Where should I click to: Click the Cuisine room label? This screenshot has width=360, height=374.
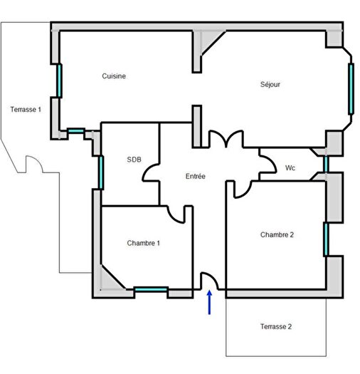coord(114,76)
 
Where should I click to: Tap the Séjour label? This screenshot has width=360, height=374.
coord(270,84)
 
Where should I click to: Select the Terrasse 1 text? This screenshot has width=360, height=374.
coord(26,110)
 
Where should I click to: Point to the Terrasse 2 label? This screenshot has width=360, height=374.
coord(276,327)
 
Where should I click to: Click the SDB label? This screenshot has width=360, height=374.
coord(134,159)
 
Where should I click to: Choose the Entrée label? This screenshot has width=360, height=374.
coord(196,176)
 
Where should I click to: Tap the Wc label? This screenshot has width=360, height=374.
coord(290,168)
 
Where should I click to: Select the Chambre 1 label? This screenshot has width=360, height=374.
coord(143,243)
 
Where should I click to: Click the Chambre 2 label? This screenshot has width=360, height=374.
coord(277,234)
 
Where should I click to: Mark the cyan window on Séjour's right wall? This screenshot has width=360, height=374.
coord(351,88)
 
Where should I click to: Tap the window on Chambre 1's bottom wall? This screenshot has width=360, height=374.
coord(151,289)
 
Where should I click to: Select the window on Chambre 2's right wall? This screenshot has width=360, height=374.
coord(326,239)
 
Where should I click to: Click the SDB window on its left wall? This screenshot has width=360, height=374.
coord(101,171)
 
